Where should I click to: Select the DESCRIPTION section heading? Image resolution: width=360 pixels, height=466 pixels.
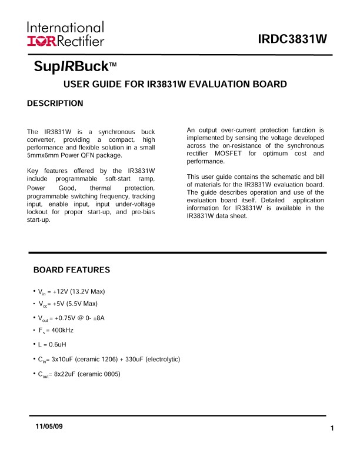(x=55, y=104)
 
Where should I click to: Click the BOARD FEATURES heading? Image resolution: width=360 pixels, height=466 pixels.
(x=72, y=270)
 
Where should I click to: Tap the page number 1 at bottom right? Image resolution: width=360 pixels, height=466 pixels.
(x=332, y=428)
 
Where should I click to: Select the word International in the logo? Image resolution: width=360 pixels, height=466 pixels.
(x=65, y=27)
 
